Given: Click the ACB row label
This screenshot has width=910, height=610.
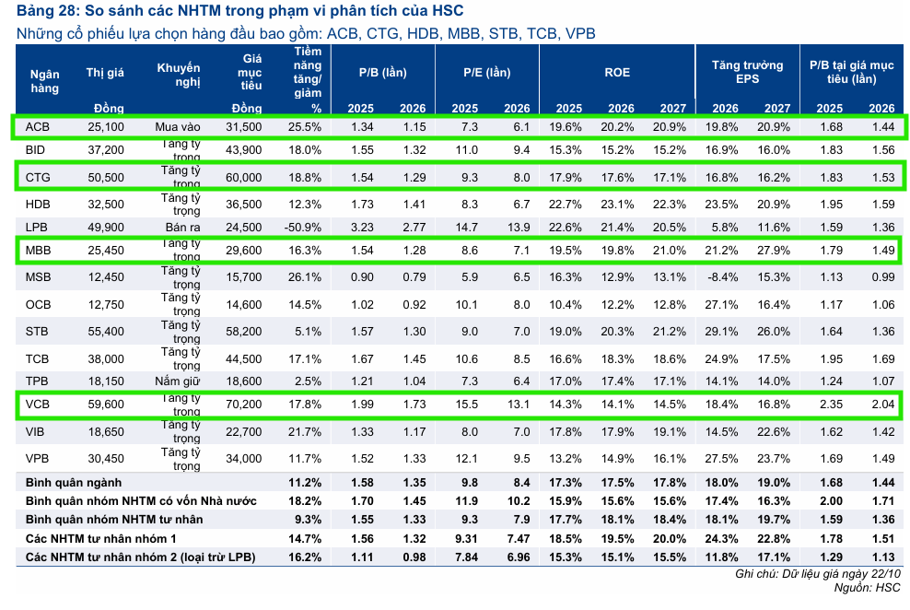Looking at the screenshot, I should [38, 126].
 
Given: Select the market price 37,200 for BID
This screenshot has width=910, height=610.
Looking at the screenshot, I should [106, 149].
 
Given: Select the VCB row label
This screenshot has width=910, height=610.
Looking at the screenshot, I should [39, 403].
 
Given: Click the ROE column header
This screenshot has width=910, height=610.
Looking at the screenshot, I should [617, 72].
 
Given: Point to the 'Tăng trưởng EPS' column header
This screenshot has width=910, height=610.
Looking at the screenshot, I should [747, 73].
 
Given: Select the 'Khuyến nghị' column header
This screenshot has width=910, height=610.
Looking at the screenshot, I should [179, 75].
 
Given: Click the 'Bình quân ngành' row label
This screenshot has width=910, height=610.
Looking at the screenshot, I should [74, 482].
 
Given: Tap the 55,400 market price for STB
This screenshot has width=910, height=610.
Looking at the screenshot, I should [106, 331].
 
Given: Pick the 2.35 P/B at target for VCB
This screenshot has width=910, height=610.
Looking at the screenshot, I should [829, 403].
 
